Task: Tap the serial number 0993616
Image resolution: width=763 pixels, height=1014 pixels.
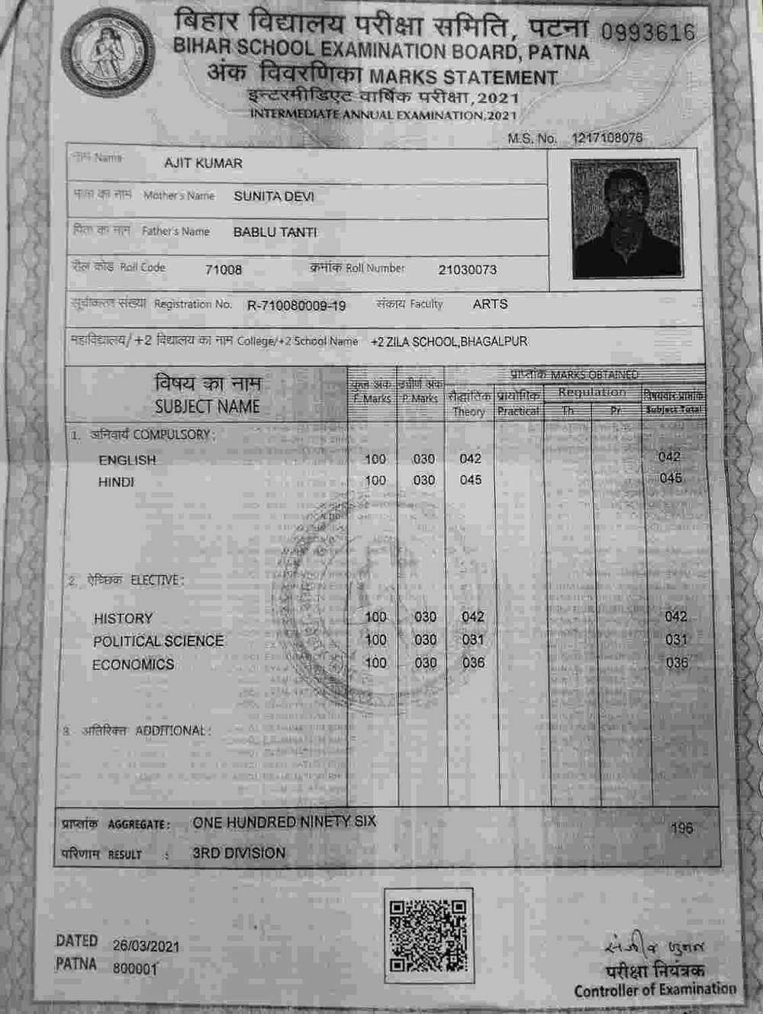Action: (x=648, y=32)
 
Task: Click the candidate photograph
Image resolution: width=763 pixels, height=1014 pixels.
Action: (x=625, y=218)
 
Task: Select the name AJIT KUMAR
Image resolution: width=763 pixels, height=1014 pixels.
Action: (x=203, y=163)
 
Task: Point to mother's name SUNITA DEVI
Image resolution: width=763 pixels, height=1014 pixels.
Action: (x=273, y=196)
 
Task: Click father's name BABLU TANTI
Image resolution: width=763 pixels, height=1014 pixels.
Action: (x=275, y=232)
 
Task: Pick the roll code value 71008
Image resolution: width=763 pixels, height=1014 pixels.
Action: (x=224, y=269)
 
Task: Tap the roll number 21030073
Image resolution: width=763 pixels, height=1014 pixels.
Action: (x=467, y=269)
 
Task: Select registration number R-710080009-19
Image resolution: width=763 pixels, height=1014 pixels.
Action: (x=296, y=306)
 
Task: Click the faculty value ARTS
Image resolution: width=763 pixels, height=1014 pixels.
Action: (x=490, y=304)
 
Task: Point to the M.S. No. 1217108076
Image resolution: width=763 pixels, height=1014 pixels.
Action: (x=607, y=138)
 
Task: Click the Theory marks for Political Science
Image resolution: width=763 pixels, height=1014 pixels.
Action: (x=473, y=639)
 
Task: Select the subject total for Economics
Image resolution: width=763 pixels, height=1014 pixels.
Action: (x=677, y=662)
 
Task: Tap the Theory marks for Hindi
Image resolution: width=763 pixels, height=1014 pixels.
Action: (x=471, y=480)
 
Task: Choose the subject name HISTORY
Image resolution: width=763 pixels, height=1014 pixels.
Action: (x=123, y=618)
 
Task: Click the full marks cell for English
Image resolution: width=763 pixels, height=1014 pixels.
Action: (x=375, y=459)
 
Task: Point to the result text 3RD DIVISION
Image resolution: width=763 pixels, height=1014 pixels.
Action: (x=239, y=853)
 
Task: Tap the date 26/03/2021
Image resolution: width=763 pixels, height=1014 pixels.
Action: (x=146, y=946)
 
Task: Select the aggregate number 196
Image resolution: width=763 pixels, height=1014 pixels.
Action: (x=682, y=828)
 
